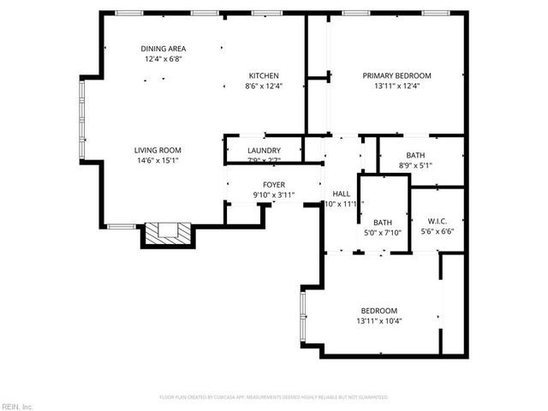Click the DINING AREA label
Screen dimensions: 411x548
tap(163, 49)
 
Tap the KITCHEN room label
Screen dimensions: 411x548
tap(264, 75)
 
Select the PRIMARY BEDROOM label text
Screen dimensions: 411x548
tap(396, 75)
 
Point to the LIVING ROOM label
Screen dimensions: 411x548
tap(158, 150)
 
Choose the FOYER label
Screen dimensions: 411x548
tap(273, 185)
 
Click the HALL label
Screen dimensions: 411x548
tap(342, 194)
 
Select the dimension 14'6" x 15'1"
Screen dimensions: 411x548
tap(158, 160)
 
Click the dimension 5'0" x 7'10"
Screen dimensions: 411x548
tap(383, 231)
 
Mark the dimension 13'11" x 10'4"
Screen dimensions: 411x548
tap(378, 320)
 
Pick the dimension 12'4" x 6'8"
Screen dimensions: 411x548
tap(163, 59)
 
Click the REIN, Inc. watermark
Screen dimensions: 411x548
tap(17, 406)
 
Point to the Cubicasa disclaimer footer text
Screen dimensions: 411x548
tap(274, 397)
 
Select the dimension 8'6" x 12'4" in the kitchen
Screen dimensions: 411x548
tap(264, 86)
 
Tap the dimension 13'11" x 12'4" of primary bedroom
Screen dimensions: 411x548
tap(396, 86)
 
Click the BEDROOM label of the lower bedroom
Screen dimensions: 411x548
tap(378, 310)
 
